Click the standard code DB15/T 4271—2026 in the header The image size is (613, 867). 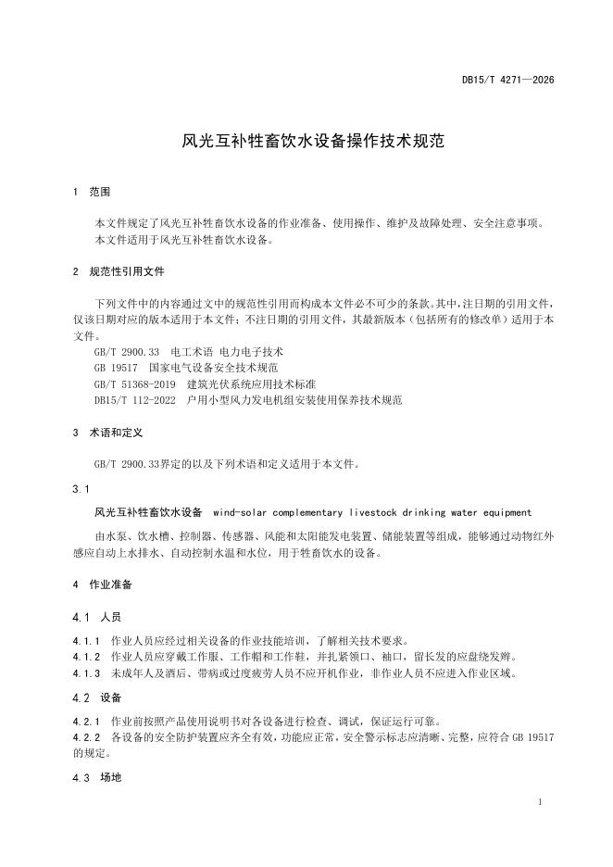[x=508, y=81]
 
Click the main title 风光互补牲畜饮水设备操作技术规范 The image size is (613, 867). [x=314, y=142]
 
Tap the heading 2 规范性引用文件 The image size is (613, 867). [x=119, y=272]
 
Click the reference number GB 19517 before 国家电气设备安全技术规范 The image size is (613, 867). [x=115, y=368]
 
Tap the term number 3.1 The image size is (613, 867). [x=81, y=488]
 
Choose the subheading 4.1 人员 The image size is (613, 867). [x=96, y=616]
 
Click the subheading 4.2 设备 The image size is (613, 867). [x=96, y=697]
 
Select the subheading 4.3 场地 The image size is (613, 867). [x=96, y=777]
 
